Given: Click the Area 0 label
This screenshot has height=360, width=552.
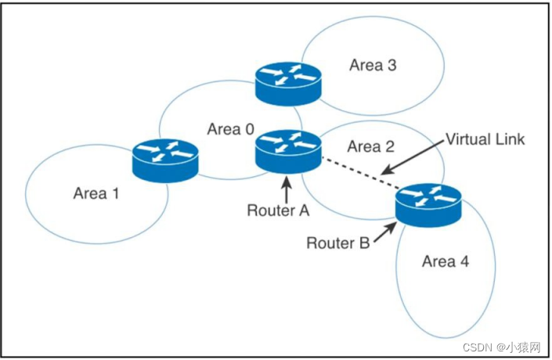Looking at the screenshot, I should [230, 129].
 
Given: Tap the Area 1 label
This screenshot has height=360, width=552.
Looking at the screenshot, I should [96, 193].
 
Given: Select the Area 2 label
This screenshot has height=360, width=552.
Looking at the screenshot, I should [370, 146].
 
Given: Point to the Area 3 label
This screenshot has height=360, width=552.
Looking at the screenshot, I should [373, 65].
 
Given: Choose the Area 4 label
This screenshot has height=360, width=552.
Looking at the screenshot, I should [446, 261].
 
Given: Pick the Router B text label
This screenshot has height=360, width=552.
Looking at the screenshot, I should [337, 243].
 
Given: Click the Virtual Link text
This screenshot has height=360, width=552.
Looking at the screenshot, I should [485, 139].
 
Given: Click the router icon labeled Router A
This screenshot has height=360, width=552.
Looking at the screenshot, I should [288, 149].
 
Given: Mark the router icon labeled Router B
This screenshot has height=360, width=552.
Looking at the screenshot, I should [428, 203].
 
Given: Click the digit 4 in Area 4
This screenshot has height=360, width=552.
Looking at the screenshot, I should [467, 261].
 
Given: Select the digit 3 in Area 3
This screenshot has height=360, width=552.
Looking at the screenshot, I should [391, 65].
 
